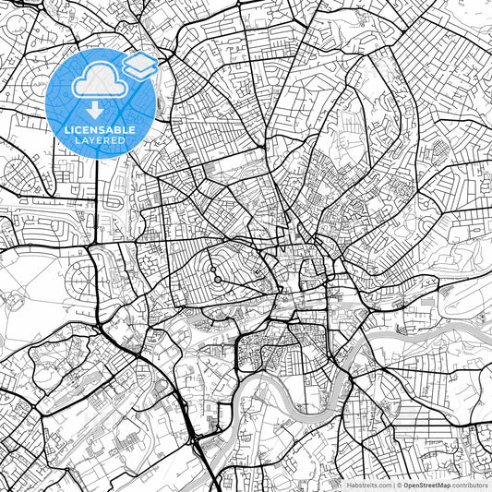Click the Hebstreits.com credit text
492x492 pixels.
click(368, 485)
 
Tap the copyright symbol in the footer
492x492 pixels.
click(399, 485)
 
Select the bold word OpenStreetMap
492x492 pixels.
click(426, 485)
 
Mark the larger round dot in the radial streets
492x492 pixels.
click(212, 270)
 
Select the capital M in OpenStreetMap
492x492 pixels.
click(441, 485)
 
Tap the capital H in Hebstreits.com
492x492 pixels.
click(348, 485)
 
